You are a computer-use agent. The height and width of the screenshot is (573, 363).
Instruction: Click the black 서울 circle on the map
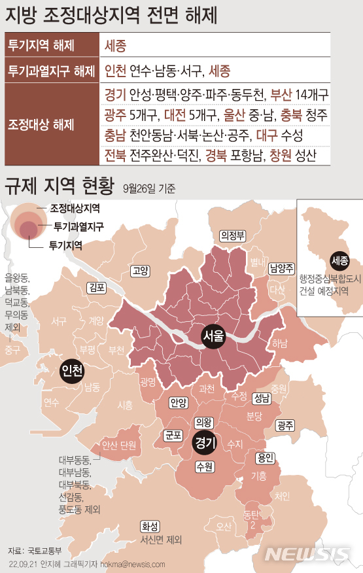point(213,338)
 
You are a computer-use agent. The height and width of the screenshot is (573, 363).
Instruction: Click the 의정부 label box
point(232,235)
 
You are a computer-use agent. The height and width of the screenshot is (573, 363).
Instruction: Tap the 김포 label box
point(96,287)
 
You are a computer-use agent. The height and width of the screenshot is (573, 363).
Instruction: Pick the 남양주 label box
point(281,267)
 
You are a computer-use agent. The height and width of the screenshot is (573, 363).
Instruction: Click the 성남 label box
point(261,396)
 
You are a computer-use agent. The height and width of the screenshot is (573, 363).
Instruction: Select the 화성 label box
point(149,526)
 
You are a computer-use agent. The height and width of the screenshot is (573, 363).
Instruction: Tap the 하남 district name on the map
point(280,343)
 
